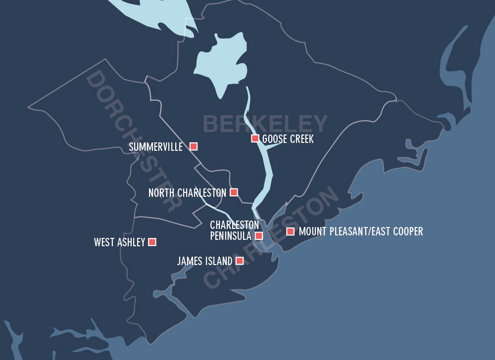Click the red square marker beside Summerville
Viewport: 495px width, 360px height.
click(x=194, y=146)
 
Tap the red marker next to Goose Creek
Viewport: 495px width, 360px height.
click(x=255, y=138)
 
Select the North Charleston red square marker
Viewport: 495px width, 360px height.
click(x=234, y=192)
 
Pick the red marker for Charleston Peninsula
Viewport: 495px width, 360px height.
click(x=258, y=236)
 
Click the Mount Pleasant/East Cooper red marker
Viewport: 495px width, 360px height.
click(x=290, y=231)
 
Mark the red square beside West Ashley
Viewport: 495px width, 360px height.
click(x=152, y=242)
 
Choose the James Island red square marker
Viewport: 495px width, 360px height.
click(x=240, y=261)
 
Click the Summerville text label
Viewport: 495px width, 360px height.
click(x=155, y=147)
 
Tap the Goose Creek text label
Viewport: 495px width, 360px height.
click(x=288, y=139)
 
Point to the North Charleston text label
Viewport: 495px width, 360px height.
click(x=187, y=193)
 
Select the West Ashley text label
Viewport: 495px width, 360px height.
click(x=119, y=242)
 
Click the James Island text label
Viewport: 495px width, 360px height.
click(x=204, y=261)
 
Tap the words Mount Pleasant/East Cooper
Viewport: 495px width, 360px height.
click(x=361, y=231)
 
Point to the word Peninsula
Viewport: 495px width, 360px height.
click(x=231, y=236)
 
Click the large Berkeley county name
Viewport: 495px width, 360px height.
click(x=265, y=124)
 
